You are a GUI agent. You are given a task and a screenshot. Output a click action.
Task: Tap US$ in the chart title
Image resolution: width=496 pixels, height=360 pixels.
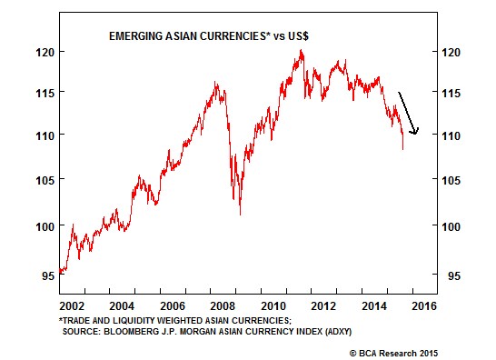298,36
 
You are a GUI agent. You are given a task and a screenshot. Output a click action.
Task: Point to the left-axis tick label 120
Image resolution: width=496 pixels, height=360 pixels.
45,52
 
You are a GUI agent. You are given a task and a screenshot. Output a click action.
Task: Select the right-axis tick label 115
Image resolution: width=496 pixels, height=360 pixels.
451,93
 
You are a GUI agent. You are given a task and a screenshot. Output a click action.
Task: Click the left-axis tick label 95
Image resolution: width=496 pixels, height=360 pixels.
48,275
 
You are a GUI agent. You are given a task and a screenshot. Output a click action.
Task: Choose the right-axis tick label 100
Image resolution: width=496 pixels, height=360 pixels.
451,226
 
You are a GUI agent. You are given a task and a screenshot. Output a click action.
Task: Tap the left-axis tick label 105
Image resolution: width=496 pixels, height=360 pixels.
45,181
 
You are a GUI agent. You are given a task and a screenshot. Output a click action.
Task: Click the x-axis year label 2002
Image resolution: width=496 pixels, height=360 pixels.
72,306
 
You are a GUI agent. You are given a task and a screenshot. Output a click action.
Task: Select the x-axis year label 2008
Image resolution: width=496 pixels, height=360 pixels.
223,306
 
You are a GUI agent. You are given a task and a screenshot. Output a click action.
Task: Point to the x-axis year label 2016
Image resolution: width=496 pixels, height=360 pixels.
424,306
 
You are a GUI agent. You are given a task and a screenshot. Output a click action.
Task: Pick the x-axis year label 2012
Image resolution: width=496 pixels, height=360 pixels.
323,306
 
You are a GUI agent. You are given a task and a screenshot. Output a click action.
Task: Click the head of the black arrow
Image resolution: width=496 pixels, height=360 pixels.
414,133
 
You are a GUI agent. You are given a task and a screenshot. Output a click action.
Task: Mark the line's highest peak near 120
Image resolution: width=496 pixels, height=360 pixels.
301,50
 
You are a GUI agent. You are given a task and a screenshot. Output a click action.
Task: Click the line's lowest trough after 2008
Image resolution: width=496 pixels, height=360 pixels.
241,215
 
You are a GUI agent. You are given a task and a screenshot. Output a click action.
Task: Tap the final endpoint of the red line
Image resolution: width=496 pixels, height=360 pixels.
403,149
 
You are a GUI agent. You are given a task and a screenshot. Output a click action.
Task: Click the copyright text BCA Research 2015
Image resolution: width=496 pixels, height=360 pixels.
398,354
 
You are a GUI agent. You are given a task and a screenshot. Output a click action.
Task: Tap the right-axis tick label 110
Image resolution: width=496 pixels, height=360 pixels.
451,135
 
